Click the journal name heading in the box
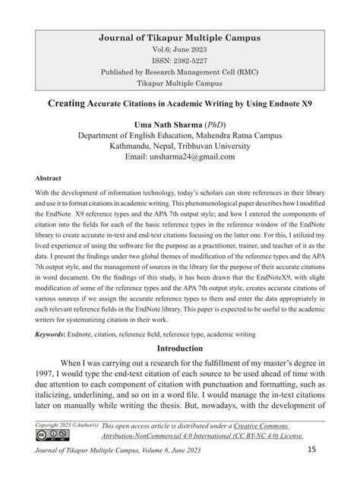(180, 36)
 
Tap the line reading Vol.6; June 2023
(180, 49)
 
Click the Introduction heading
(180, 348)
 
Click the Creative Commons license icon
(49, 437)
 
